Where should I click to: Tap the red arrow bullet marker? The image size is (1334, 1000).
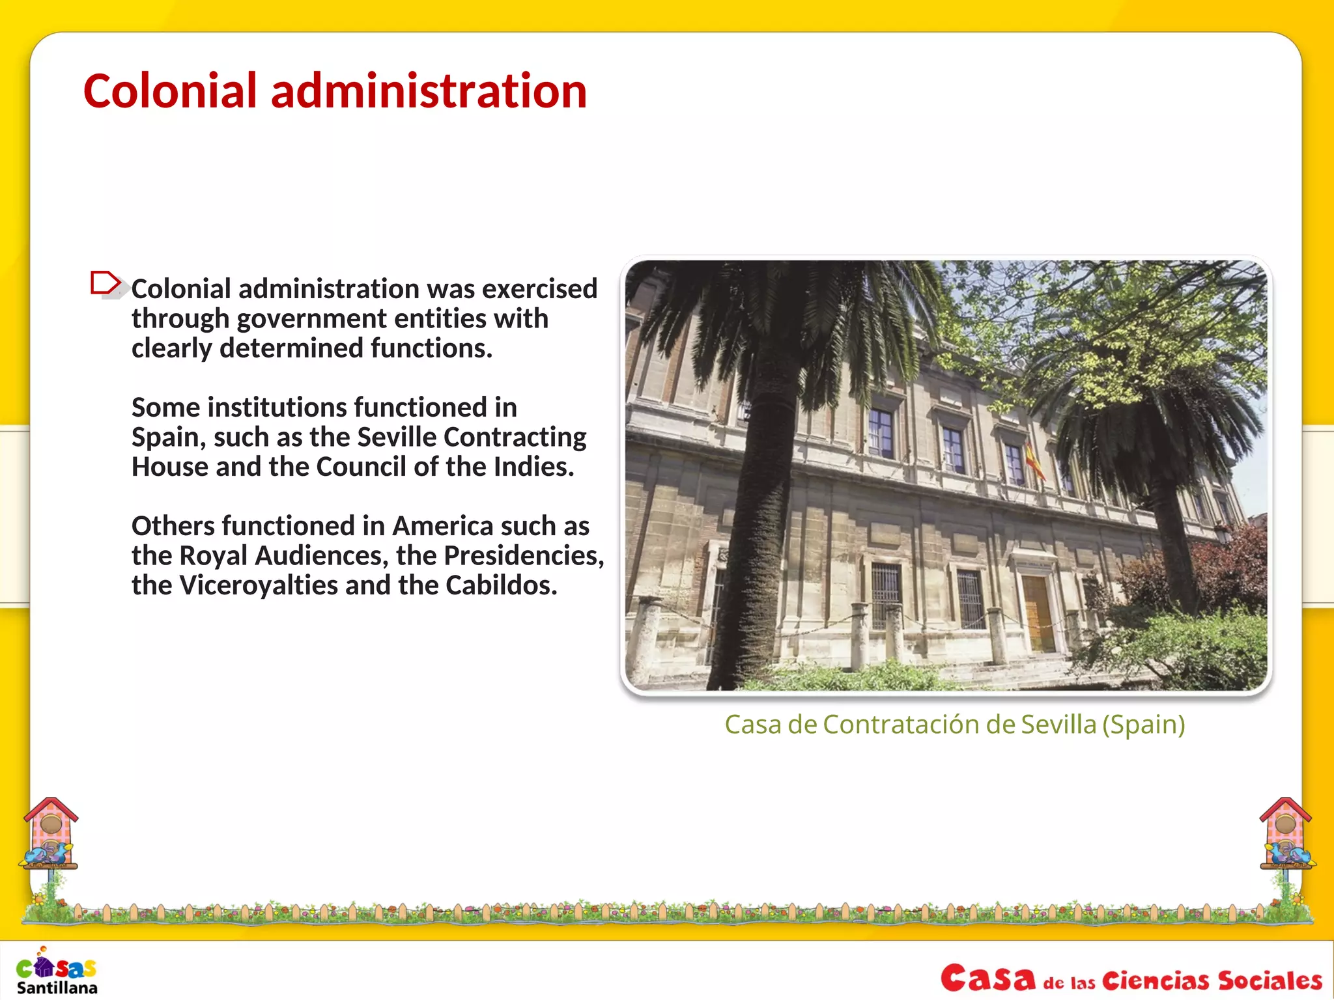(106, 284)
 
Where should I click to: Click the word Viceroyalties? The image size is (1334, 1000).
(258, 585)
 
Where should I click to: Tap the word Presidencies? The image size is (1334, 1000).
(524, 555)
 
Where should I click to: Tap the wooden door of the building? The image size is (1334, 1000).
(1038, 612)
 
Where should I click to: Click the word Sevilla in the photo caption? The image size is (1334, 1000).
(1058, 724)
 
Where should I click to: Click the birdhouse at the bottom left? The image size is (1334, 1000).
(51, 833)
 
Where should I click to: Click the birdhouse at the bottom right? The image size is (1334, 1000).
(1286, 833)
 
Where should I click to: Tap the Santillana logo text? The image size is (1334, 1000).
(57, 988)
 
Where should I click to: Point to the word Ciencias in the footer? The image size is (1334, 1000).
(1155, 980)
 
